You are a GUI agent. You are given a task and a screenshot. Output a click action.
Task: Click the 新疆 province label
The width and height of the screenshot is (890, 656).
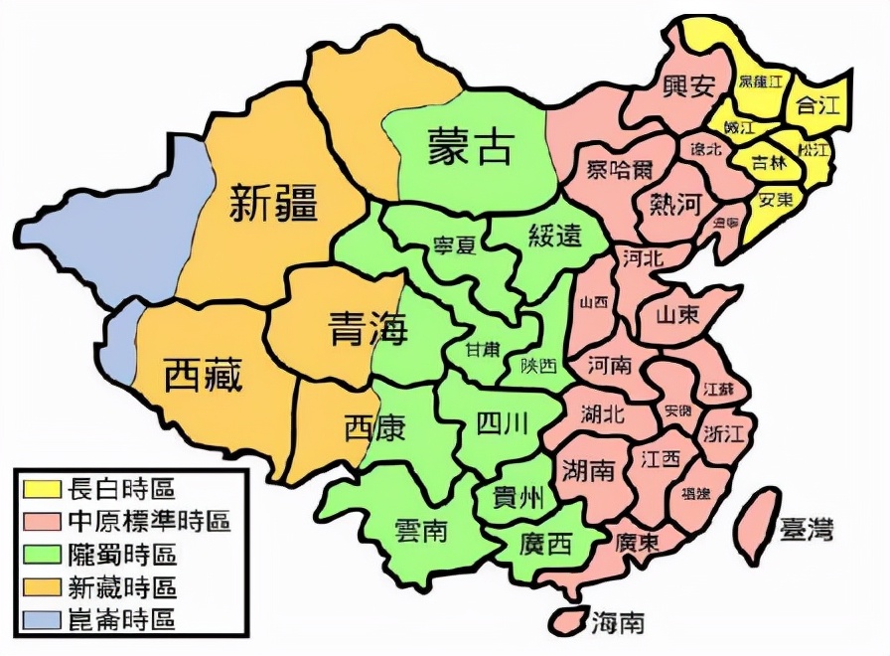273,204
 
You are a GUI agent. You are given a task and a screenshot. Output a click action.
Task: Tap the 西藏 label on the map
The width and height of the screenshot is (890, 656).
203,377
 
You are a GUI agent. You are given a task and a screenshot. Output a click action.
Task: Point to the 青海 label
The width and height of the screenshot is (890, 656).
369,329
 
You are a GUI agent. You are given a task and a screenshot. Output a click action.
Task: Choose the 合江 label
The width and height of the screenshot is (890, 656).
817,103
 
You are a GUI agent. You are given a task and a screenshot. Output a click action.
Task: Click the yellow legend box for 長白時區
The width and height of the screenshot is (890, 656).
42,488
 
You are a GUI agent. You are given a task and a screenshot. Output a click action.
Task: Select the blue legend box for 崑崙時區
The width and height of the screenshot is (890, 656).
42,619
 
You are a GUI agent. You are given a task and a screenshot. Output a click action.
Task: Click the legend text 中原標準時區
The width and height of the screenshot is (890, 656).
149,521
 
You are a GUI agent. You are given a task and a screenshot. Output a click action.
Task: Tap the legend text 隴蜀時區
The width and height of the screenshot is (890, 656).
121,554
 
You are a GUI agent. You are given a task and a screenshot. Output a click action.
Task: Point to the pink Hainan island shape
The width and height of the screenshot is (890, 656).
569,619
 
